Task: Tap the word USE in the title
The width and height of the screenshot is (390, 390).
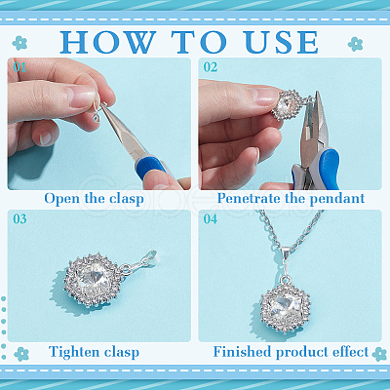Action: click(x=282, y=42)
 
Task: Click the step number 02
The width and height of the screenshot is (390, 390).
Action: click(x=211, y=67)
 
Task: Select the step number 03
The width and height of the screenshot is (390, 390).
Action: click(x=19, y=218)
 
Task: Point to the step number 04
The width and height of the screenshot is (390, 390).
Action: click(x=211, y=218)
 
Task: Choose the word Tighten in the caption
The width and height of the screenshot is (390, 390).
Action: click(x=74, y=352)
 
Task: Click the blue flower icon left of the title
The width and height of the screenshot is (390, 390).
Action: click(x=19, y=43)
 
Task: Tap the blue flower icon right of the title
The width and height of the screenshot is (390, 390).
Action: click(x=355, y=44)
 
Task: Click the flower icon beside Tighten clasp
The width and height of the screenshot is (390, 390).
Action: click(x=21, y=354)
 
